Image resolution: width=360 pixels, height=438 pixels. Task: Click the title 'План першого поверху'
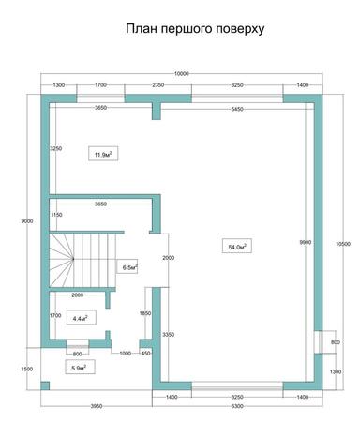click(x=195, y=29)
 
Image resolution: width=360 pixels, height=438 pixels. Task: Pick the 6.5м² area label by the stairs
click(x=130, y=267)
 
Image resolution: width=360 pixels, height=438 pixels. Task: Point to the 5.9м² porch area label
click(x=79, y=368)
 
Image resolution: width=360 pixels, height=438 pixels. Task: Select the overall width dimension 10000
click(x=181, y=73)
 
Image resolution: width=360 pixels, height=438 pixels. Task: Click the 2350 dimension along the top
click(x=158, y=84)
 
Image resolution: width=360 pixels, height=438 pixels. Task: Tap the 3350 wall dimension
click(x=168, y=334)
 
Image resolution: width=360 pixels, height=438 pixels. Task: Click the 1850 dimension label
click(x=145, y=312)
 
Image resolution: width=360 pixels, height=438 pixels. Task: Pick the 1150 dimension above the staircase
click(x=55, y=216)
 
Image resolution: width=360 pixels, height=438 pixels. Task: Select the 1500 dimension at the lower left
click(x=27, y=369)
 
